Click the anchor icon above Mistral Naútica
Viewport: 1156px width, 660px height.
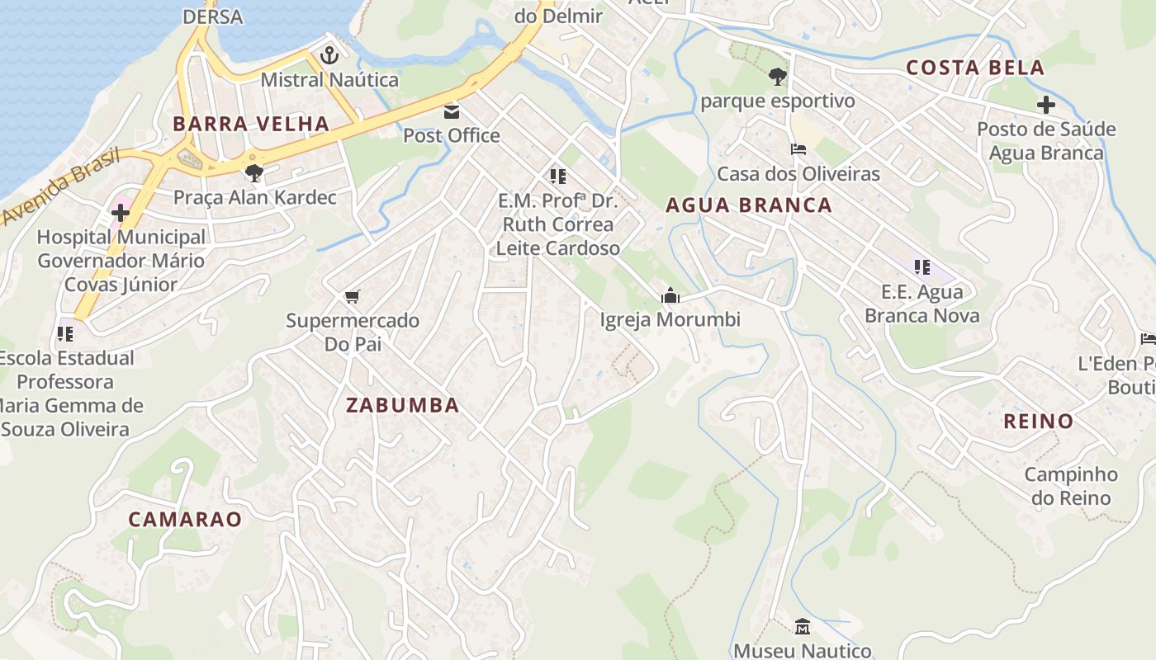click(x=329, y=56)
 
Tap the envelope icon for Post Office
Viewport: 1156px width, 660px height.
click(x=452, y=111)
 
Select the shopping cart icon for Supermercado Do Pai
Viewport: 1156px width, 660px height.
click(x=353, y=296)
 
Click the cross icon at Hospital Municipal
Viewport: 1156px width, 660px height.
click(x=121, y=213)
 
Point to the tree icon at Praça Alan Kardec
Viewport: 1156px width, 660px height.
click(x=254, y=173)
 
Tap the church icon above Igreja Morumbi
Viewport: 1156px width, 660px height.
click(x=670, y=295)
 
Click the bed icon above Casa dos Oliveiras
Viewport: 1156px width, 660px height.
click(x=798, y=149)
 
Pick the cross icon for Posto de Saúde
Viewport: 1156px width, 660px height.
click(x=1046, y=105)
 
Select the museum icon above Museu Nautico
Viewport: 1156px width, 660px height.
click(x=802, y=627)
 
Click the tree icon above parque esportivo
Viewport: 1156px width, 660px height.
click(x=776, y=77)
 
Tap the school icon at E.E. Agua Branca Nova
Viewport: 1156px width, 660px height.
click(x=921, y=266)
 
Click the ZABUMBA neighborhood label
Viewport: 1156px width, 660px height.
click(x=403, y=405)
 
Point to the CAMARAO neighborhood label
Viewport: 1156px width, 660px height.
click(x=185, y=519)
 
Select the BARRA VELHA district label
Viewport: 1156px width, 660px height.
click(x=251, y=124)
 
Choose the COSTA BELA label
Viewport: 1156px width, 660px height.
click(x=975, y=68)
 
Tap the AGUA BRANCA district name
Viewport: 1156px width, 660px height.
click(x=749, y=205)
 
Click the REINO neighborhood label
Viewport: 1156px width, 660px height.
click(x=1038, y=422)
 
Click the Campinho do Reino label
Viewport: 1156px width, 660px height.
click(x=1071, y=486)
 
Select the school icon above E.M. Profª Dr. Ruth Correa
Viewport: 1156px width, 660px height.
click(x=558, y=176)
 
